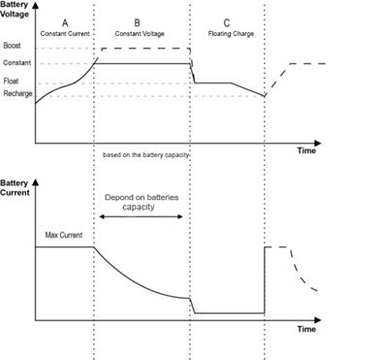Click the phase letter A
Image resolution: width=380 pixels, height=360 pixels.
(65, 23)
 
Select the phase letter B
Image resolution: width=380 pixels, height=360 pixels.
(137, 23)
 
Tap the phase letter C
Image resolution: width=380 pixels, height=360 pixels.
(227, 23)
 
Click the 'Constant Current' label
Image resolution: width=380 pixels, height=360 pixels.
(65, 34)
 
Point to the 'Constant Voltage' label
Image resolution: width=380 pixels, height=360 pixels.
(140, 34)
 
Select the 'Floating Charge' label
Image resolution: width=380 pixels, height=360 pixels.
(231, 34)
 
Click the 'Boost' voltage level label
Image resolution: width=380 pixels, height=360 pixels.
(12, 46)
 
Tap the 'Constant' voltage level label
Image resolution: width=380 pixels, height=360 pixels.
(17, 63)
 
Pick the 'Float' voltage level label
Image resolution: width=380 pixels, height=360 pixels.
(11, 81)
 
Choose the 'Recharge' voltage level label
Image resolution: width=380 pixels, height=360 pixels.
(17, 94)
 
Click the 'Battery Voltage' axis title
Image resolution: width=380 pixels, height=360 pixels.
(15, 10)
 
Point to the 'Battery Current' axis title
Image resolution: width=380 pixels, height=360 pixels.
(15, 188)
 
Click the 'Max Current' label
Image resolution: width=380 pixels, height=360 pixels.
(64, 235)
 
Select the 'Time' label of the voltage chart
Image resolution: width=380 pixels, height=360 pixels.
(306, 150)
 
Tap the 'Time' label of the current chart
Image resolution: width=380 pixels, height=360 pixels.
(306, 329)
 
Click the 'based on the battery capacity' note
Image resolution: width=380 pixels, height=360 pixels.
(145, 155)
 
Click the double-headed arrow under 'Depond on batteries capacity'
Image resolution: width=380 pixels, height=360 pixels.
(141, 216)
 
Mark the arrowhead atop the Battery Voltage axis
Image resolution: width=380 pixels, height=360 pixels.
(36, 5)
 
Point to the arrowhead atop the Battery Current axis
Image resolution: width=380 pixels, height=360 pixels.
(36, 182)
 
